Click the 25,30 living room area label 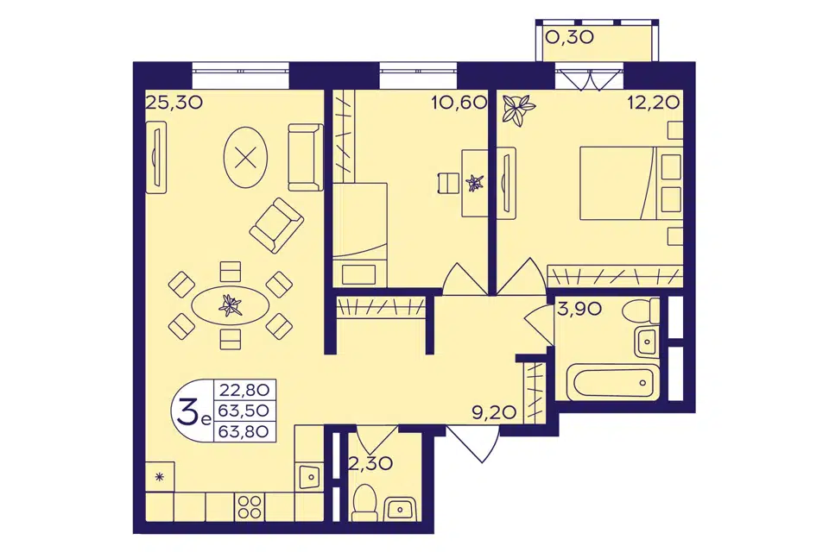[x=174, y=102]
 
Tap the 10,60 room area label [x=459, y=102]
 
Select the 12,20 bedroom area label [x=654, y=102]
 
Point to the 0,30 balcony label [x=570, y=37]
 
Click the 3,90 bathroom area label [x=579, y=309]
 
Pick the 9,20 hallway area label [x=494, y=412]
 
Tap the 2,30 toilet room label [x=370, y=463]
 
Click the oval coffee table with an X [x=245, y=157]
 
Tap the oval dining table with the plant [x=230, y=306]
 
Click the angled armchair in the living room [x=276, y=226]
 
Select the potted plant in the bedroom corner [x=518, y=109]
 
